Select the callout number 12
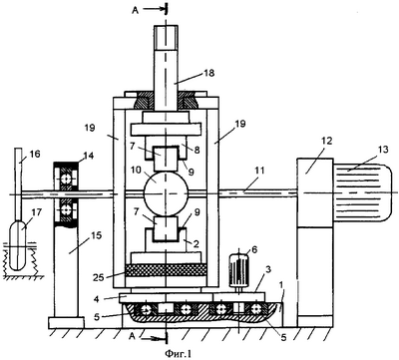coord(327,141)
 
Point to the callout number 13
coord(383,150)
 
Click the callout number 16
coord(35,154)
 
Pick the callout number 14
coord(89,156)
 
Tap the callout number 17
coord(37,212)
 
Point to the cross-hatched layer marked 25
coord(166,270)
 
